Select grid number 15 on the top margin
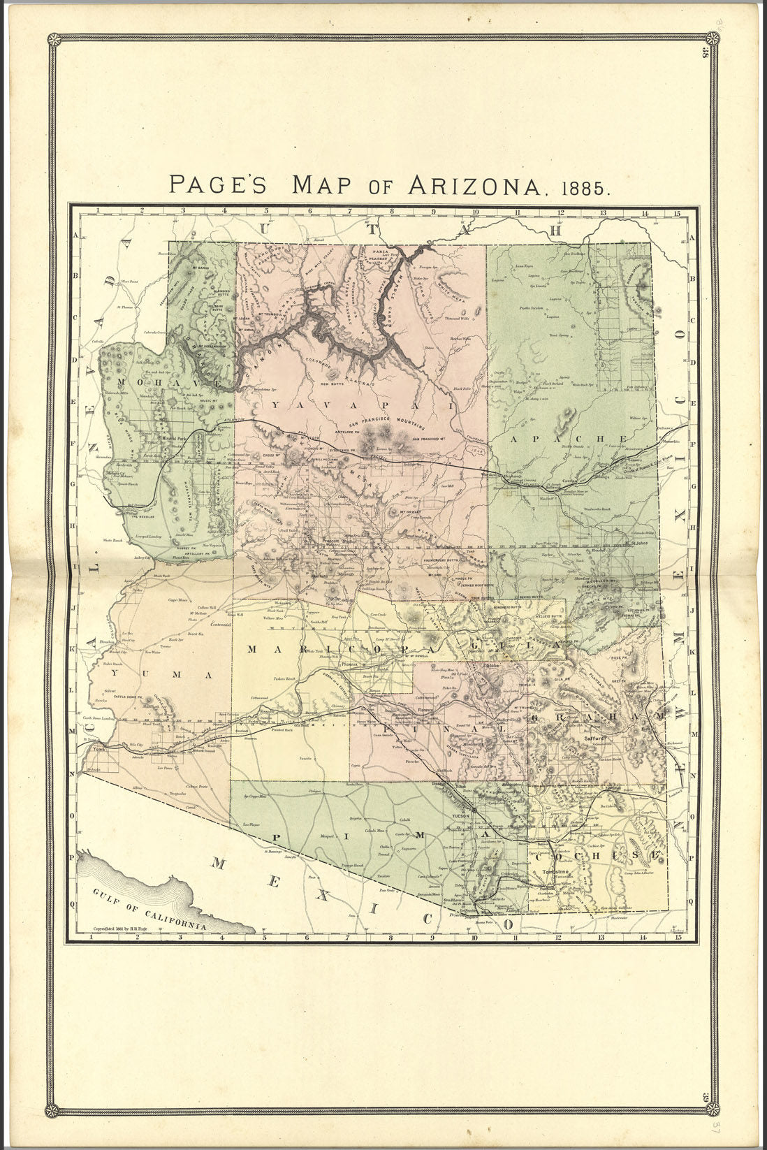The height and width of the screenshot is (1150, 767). (677, 213)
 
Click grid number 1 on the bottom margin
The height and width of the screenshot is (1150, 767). (92, 937)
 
